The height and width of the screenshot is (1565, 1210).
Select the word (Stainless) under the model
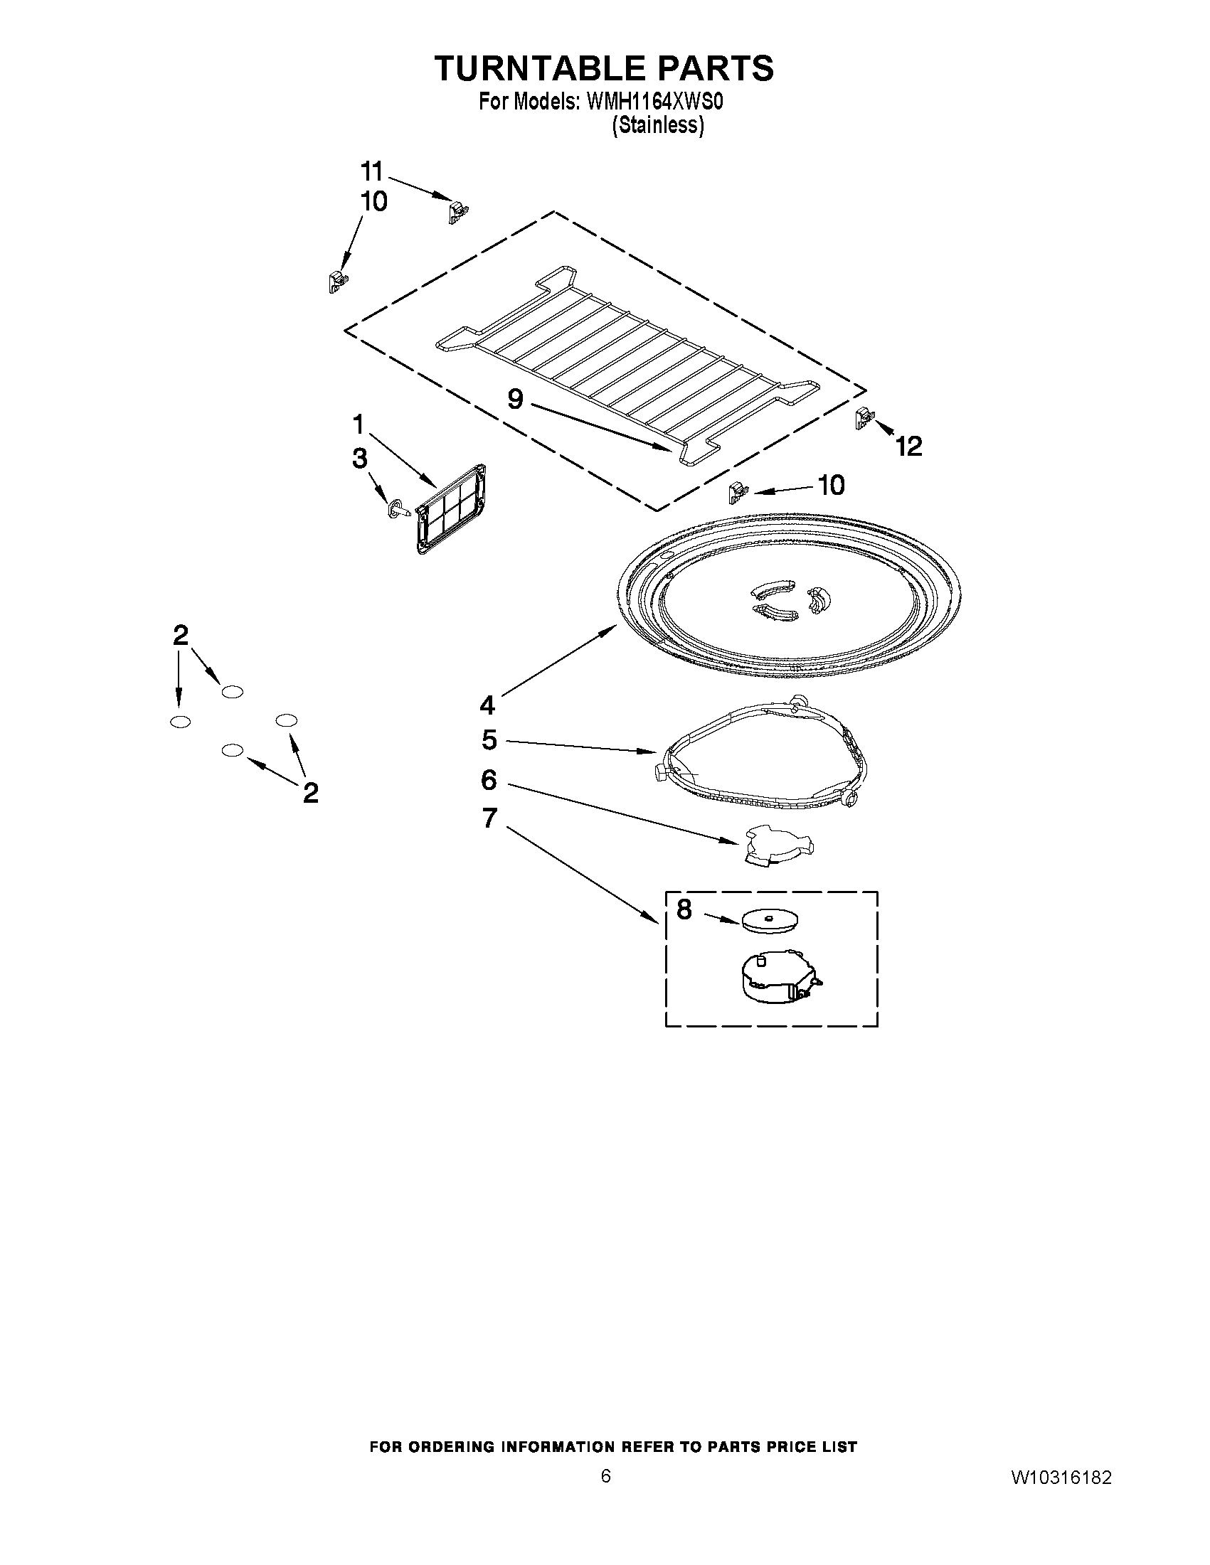click(x=657, y=125)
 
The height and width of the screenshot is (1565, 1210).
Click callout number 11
click(x=372, y=173)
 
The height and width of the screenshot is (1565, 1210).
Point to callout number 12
click(x=908, y=447)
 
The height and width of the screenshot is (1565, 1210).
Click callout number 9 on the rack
click(x=516, y=398)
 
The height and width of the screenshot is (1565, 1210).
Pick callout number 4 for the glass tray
click(x=487, y=706)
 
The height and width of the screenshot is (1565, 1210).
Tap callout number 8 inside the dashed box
click(x=684, y=910)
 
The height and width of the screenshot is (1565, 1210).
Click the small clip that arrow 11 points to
click(x=457, y=212)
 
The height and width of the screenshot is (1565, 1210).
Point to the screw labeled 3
click(x=397, y=510)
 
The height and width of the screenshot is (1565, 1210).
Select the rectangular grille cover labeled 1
click(x=453, y=509)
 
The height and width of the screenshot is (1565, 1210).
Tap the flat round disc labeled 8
click(x=771, y=920)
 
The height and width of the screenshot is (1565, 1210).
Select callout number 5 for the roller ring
click(x=489, y=740)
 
